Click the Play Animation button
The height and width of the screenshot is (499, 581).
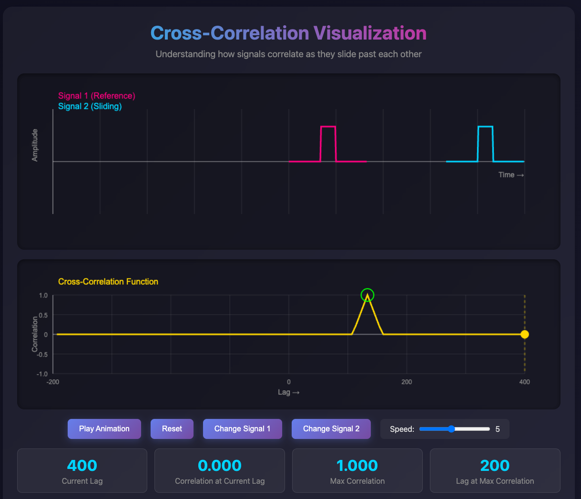pyautogui.click(x=104, y=429)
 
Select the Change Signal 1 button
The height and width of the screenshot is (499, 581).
pyautogui.click(x=242, y=429)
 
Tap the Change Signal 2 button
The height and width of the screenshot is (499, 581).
pyautogui.click(x=331, y=429)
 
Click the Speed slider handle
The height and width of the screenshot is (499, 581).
pyautogui.click(x=451, y=429)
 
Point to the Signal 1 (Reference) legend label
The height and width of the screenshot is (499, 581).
pyautogui.click(x=96, y=96)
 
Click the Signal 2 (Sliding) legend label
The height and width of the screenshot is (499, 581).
pyautogui.click(x=90, y=106)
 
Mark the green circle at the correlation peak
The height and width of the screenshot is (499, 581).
pyautogui.click(x=367, y=295)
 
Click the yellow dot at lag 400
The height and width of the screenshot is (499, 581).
pyautogui.click(x=524, y=335)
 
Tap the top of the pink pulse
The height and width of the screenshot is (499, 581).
pyautogui.click(x=328, y=126)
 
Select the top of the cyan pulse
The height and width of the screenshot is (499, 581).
pyautogui.click(x=485, y=126)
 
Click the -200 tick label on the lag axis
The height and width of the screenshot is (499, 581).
pyautogui.click(x=53, y=382)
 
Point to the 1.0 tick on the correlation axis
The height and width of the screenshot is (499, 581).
pyautogui.click(x=43, y=295)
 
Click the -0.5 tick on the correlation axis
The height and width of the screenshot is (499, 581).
pyautogui.click(x=42, y=354)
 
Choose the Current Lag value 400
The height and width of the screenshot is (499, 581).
pyautogui.click(x=82, y=465)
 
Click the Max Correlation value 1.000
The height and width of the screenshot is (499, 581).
pyautogui.click(x=357, y=465)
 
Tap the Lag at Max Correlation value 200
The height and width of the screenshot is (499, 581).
pyautogui.click(x=495, y=465)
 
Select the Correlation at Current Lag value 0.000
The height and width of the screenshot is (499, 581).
pyautogui.click(x=219, y=465)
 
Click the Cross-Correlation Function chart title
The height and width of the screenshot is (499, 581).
pyautogui.click(x=108, y=282)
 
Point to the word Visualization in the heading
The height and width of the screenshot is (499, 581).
pyautogui.click(x=370, y=33)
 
